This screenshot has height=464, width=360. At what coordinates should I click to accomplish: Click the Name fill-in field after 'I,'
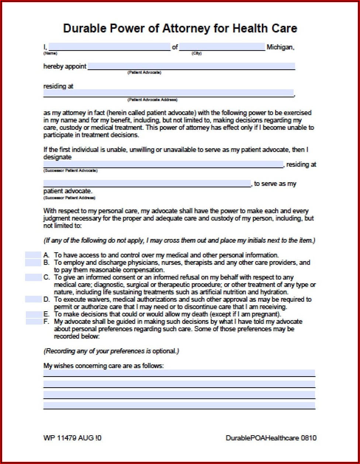109,47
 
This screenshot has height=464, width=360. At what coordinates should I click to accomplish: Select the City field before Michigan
222,47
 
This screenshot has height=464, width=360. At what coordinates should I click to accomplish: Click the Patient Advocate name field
191,66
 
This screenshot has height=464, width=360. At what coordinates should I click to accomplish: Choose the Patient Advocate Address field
168,93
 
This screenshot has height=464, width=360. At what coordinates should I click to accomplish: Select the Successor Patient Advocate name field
163,165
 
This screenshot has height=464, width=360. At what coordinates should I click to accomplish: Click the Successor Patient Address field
147,184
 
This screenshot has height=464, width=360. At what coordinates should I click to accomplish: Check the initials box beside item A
33,255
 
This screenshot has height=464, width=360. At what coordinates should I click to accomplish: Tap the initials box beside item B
33,263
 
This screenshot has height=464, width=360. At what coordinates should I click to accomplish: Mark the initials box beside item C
33,277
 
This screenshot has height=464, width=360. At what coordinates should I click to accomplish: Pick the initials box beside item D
33,299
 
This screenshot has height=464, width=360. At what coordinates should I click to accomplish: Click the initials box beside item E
34,314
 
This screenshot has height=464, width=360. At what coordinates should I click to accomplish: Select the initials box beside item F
34,322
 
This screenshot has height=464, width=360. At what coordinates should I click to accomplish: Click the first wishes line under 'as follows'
179,373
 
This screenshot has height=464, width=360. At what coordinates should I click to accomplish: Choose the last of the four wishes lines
179,405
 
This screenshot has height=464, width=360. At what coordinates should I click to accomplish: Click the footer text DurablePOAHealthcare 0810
271,438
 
